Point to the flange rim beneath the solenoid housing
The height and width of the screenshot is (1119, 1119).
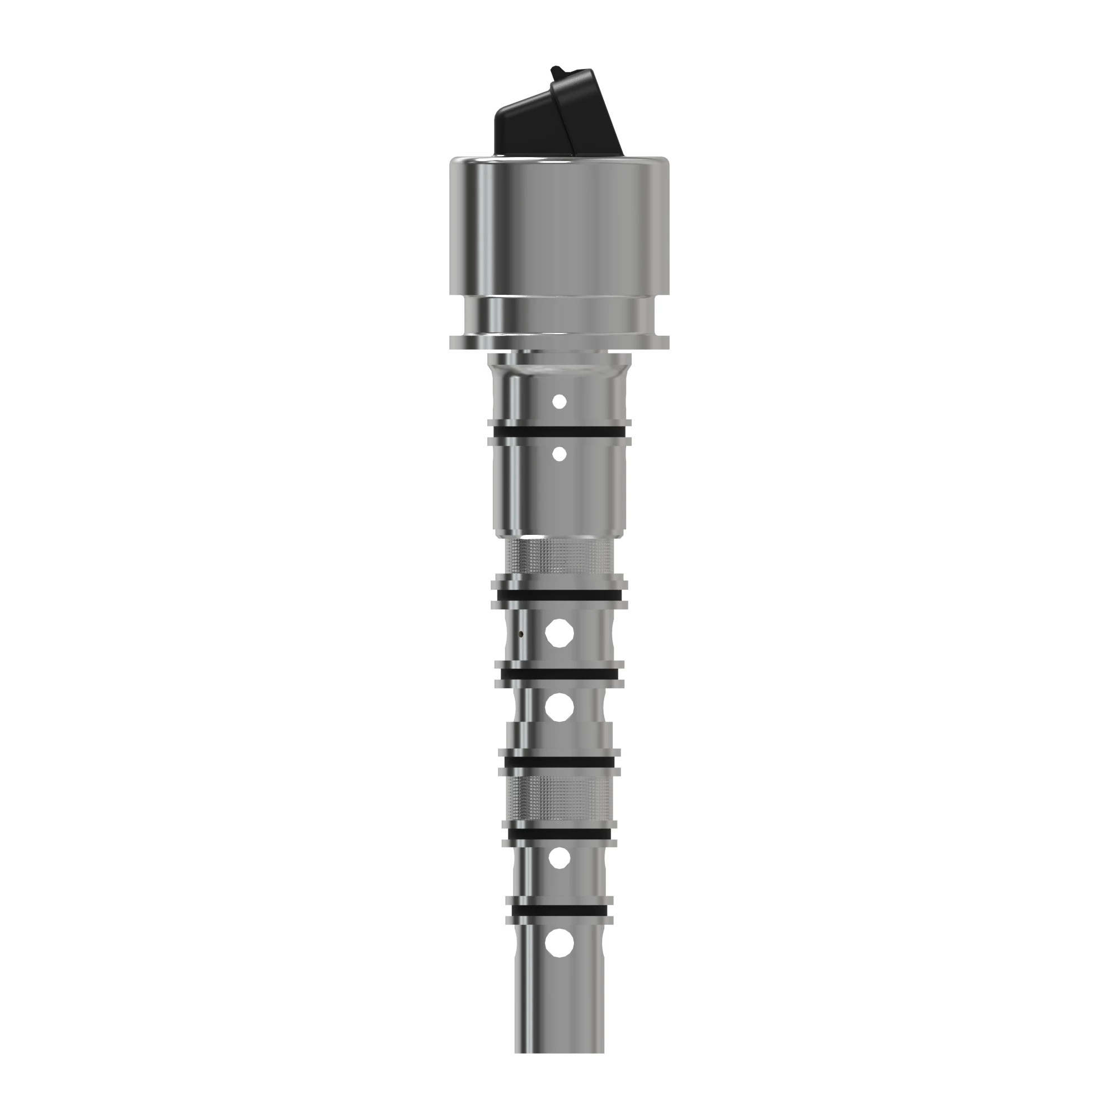point(559,342)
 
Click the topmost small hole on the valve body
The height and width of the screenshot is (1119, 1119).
point(559,401)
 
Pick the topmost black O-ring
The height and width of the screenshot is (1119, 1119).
point(559,432)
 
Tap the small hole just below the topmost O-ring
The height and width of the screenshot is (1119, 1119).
point(559,454)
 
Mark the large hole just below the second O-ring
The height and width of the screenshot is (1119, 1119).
point(559,633)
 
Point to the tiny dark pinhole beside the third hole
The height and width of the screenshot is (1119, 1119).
point(521,634)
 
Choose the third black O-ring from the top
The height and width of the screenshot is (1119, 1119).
point(559,674)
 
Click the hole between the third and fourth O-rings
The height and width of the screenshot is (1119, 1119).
point(559,707)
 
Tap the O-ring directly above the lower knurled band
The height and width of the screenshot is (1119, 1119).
point(559,762)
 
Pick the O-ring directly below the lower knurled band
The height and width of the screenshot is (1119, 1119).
point(559,834)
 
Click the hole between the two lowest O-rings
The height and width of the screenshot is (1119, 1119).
point(559,874)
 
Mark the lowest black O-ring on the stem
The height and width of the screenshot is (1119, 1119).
point(559,911)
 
